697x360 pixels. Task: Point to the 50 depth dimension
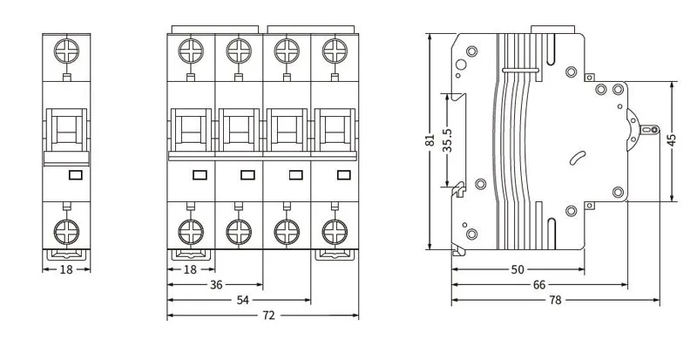(517, 270)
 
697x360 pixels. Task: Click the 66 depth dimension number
(539, 285)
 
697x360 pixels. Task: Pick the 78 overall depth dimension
(555, 300)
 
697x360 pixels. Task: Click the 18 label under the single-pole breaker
(66, 269)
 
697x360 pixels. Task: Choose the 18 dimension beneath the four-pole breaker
(190, 269)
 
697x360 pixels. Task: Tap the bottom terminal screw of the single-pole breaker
(67, 231)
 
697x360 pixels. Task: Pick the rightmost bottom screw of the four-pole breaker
(332, 231)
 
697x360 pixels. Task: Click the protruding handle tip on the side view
(648, 130)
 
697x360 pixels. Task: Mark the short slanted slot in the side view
(576, 158)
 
